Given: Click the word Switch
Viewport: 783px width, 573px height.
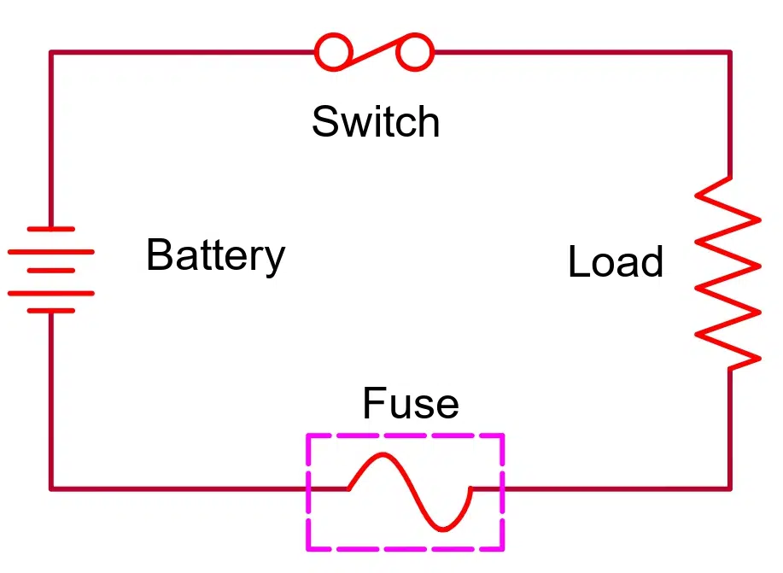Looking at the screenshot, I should click(376, 121).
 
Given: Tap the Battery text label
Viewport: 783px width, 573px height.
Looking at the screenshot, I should click(215, 255).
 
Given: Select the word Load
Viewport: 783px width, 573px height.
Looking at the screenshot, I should click(615, 262).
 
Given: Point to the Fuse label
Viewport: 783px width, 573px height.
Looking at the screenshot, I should click(411, 403).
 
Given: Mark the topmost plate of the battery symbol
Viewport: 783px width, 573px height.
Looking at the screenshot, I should click(50, 230).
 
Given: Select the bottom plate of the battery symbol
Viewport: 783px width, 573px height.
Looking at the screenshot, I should click(50, 310).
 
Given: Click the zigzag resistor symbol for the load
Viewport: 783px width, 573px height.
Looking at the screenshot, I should click(728, 273).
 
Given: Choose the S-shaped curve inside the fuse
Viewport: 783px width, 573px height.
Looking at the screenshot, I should click(410, 490).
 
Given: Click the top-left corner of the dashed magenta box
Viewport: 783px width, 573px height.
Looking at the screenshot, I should click(308, 436).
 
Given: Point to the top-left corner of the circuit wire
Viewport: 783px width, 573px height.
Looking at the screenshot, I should click(51, 53).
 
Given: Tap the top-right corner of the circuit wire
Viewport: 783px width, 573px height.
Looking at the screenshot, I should click(730, 53).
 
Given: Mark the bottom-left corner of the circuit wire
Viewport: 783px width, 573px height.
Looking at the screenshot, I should click(51, 488).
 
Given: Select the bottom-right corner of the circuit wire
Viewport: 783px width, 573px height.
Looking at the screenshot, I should click(730, 488).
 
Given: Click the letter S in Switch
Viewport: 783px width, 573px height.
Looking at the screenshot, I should click(324, 121).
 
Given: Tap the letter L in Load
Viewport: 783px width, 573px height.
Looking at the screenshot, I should click(578, 262).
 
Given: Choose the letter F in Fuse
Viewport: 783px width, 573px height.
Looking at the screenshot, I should click(372, 403).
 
